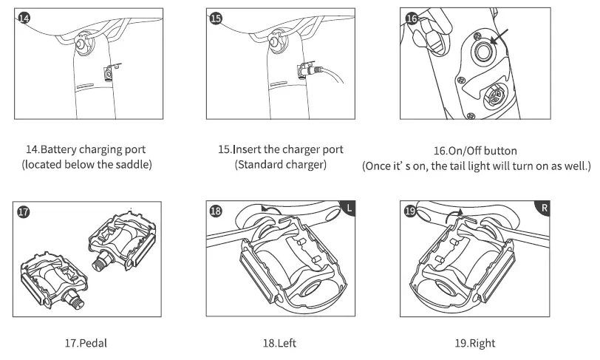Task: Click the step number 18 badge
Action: (216, 211)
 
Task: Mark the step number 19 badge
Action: (411, 211)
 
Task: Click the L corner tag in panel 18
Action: (350, 208)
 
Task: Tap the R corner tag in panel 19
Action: (545, 208)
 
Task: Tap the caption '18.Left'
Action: (281, 343)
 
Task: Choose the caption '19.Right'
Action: (474, 343)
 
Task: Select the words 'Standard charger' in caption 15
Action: (281, 165)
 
